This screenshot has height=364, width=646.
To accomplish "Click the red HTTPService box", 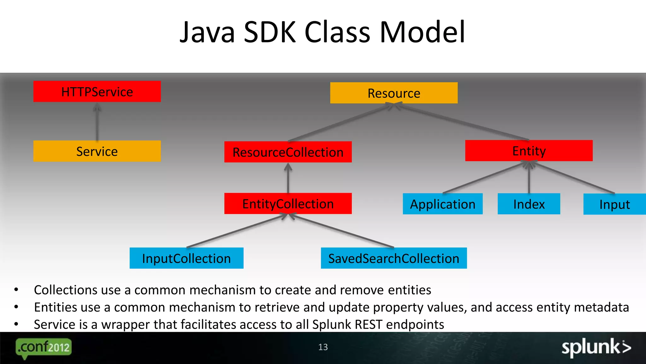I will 97,92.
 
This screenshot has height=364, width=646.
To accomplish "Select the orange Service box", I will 97,151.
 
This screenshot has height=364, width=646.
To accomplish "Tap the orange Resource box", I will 394,93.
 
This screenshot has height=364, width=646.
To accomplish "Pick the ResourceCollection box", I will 288,152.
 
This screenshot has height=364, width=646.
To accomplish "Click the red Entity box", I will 529,151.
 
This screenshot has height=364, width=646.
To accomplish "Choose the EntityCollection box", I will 288,203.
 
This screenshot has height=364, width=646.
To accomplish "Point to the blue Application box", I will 443,204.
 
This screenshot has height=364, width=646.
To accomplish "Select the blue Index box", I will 529,204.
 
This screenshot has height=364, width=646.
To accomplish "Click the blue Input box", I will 614,204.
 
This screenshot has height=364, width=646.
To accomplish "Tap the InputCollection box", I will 186,258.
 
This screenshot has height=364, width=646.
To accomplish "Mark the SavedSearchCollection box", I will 394,258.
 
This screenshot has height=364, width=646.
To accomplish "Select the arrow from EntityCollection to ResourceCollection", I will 288,179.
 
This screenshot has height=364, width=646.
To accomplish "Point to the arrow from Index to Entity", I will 529,179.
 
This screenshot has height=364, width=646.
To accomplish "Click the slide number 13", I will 323,347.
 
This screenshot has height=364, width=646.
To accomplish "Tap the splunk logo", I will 596,347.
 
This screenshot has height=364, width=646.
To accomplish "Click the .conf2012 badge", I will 44,348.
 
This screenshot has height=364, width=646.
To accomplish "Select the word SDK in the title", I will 270,32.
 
